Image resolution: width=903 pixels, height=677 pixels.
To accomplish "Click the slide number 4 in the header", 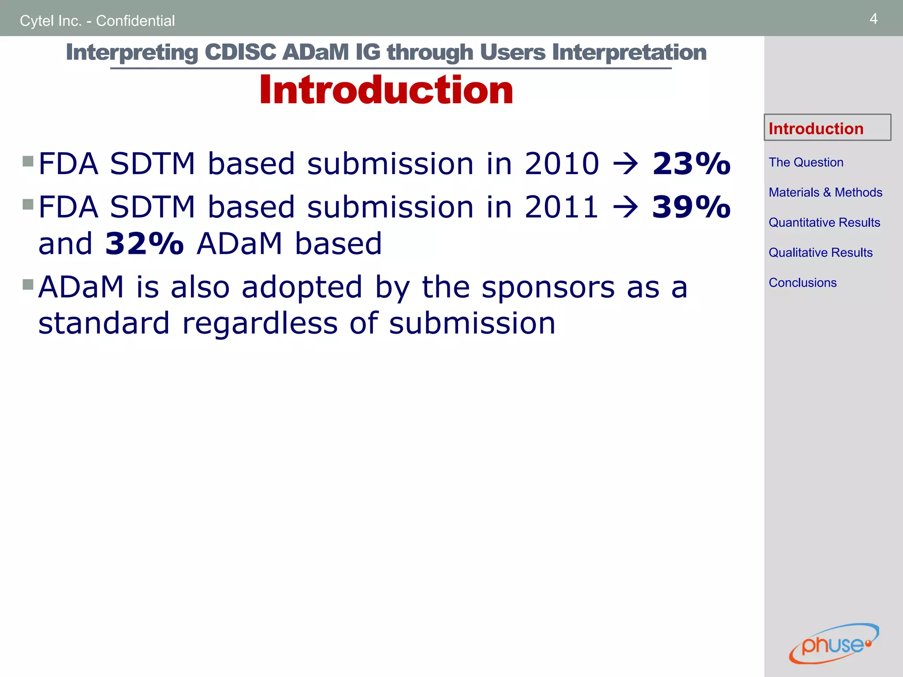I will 873,19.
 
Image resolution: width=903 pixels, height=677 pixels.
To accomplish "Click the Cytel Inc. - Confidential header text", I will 97,21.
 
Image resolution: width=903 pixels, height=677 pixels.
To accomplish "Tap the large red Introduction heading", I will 386,90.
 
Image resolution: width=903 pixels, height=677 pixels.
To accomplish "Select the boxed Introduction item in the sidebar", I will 816,128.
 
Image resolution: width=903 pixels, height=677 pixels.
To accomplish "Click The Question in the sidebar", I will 806,162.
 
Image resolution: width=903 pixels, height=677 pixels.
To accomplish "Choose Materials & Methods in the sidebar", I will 825,192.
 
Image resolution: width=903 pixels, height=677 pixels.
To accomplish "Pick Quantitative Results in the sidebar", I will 824,222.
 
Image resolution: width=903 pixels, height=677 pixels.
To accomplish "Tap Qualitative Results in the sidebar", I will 821,253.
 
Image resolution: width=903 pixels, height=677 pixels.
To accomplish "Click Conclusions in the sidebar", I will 802,283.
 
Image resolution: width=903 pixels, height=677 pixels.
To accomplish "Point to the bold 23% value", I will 691,164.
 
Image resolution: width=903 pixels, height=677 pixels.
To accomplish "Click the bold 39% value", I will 691,207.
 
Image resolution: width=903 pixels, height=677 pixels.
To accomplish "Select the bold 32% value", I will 145,244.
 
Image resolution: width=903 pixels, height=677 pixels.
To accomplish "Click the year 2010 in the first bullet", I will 562,164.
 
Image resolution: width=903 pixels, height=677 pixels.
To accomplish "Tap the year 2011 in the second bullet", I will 562,207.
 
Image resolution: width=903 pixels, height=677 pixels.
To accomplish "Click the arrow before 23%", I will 626,164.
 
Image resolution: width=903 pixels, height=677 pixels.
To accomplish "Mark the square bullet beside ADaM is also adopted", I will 28,284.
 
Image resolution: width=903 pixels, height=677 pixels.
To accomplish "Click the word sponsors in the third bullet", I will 548,287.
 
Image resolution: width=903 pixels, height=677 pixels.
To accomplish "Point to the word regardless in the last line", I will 260,324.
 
